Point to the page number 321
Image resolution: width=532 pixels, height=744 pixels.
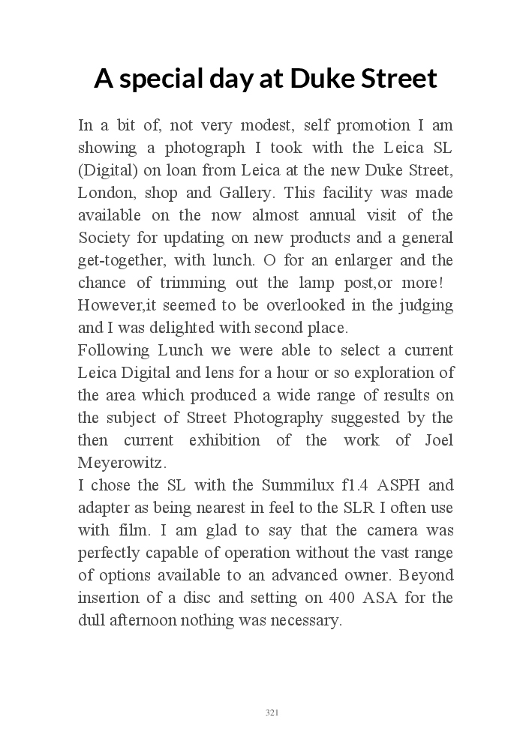272,712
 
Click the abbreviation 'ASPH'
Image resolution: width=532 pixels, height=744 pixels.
402,485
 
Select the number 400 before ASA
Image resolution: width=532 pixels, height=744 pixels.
343,598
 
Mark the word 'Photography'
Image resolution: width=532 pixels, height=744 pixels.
275,418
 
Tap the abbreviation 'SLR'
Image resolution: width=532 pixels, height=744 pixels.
363,508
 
